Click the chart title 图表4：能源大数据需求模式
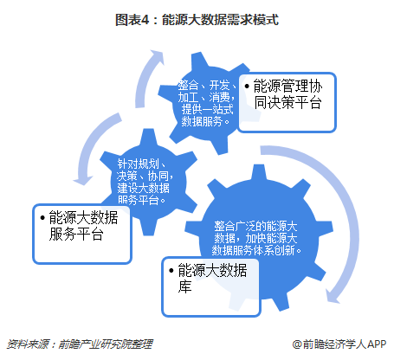click(x=197, y=20)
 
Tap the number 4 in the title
click(x=145, y=20)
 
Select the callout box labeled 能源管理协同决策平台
click(x=287, y=102)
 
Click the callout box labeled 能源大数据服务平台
click(x=82, y=234)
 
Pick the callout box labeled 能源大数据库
click(x=211, y=287)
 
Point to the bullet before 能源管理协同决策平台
click(x=247, y=86)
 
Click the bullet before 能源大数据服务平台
click(x=42, y=217)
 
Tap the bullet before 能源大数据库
click(x=171, y=271)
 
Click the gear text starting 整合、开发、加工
click(x=207, y=103)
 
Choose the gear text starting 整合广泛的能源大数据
click(x=256, y=238)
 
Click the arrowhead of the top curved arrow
click(x=158, y=56)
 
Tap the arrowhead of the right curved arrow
click(x=333, y=296)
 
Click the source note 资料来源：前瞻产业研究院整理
click(x=80, y=344)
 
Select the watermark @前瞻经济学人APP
click(x=339, y=344)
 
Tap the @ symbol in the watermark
click(x=297, y=344)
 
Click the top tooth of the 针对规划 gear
click(x=149, y=137)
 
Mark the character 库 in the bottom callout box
click(x=184, y=286)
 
